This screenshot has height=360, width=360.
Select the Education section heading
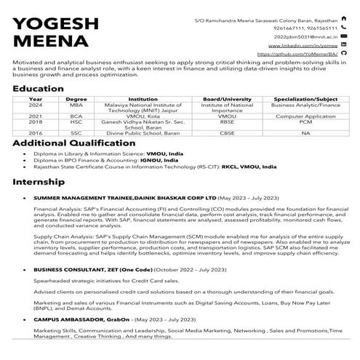(42, 89)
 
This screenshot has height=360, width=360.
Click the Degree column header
(76, 98)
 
